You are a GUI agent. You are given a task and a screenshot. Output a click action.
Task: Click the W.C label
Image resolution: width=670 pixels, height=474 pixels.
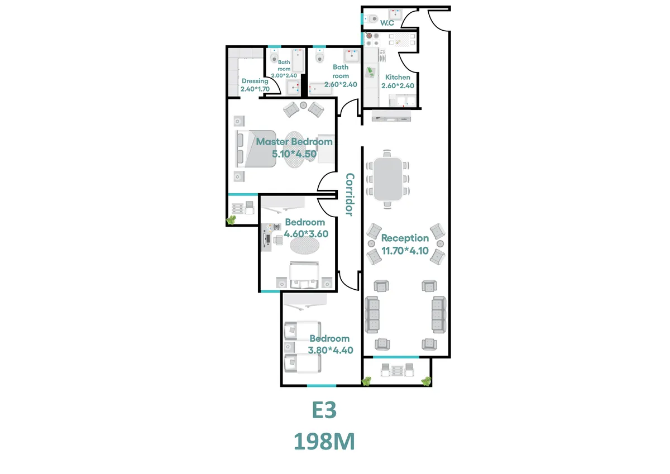tap(387, 23)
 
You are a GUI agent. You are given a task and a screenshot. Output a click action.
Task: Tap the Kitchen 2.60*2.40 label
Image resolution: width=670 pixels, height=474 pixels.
tap(398, 82)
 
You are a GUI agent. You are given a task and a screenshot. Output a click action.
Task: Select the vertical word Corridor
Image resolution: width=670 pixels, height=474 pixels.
tap(350, 194)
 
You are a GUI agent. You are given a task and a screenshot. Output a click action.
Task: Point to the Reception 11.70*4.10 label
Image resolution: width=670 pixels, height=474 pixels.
tap(405, 245)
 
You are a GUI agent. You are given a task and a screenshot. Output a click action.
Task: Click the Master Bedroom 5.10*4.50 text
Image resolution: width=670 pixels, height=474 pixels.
tap(294, 147)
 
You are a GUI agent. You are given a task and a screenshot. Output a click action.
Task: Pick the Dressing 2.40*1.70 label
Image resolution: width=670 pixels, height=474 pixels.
tap(255, 85)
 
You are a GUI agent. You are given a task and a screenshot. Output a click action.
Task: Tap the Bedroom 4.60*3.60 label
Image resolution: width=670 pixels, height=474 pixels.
tap(305, 228)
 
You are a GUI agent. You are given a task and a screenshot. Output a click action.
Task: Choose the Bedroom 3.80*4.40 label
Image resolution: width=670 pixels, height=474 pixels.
tap(330, 344)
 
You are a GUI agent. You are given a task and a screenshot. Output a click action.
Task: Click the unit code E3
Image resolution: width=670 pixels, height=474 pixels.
tap(324, 411)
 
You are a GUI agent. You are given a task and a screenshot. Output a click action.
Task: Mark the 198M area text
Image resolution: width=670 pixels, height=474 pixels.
tap(324, 442)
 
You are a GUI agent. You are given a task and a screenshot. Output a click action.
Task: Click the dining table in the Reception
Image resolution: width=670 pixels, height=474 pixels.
tap(387, 179)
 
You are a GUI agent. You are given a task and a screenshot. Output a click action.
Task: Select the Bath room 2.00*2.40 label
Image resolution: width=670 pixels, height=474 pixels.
tap(285, 69)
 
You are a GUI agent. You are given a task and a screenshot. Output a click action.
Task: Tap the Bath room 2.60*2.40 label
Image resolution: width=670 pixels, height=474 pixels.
tap(341, 76)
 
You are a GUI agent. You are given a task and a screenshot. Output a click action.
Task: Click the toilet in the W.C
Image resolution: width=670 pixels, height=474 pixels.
tap(373, 19)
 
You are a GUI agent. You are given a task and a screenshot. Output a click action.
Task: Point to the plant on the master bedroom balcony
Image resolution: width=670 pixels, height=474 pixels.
tap(231, 221)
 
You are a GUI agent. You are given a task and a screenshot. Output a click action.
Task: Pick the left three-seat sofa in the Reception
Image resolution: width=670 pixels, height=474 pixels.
tap(372, 315)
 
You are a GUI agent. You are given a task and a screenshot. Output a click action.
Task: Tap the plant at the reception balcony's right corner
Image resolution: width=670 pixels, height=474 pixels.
tap(426, 381)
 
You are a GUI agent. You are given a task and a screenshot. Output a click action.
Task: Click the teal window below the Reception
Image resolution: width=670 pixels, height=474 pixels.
tap(396, 357)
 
